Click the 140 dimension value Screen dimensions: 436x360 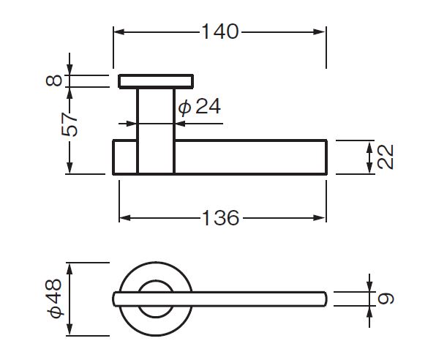[x=220, y=31]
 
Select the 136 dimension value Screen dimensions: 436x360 [x=221, y=217]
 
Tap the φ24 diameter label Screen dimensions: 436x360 [x=200, y=106]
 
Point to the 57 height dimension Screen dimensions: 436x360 [x=69, y=124]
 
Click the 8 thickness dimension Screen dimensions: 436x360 [x=54, y=80]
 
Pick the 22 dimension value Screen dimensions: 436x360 [x=386, y=157]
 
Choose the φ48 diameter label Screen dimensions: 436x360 [x=55, y=298]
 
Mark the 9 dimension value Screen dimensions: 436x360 [x=386, y=299]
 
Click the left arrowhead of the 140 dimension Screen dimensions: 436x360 [x=119, y=31]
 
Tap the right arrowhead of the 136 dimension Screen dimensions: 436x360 [x=319, y=218]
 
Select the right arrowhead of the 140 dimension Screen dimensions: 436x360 [x=319, y=31]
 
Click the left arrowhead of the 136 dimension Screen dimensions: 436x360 [x=125, y=218]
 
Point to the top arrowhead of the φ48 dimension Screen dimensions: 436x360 [x=69, y=269]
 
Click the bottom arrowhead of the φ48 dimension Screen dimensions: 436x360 [x=69, y=329]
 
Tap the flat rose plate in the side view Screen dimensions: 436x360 [x=156, y=81]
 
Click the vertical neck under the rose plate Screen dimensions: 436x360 [x=156, y=131]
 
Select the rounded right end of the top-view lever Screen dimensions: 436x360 [x=325, y=299]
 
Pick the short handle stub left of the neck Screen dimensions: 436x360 [x=125, y=157]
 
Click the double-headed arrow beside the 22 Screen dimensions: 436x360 [x=369, y=157]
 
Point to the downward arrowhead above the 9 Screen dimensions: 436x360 [x=369, y=286]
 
